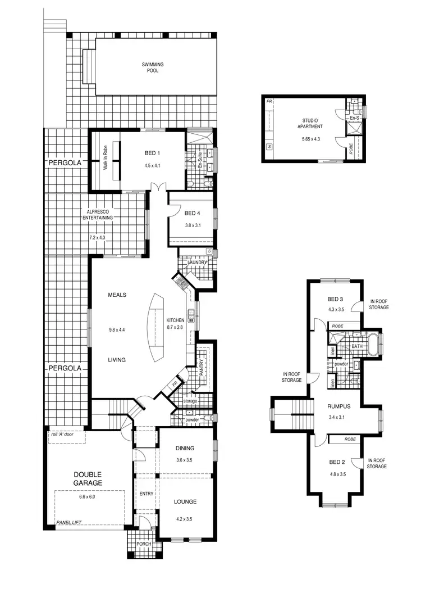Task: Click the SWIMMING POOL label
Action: coord(149,68)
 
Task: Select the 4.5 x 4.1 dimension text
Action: coord(153,166)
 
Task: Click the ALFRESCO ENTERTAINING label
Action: coord(98,214)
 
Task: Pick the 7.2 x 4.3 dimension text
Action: coord(97,238)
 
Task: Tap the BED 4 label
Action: coord(192,213)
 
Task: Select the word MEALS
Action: coord(117,295)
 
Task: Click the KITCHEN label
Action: coord(175,320)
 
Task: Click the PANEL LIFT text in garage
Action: coord(69,523)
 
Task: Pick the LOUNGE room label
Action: coord(185,501)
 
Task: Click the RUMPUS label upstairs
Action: coord(340,406)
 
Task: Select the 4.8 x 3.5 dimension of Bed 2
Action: coord(338,474)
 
